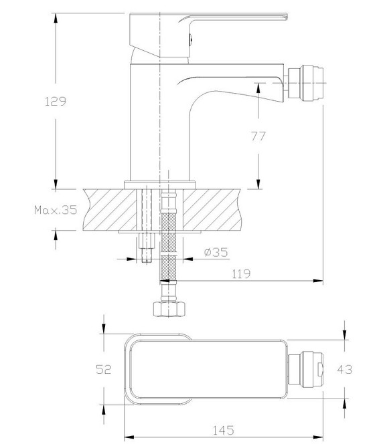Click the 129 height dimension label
(x=56, y=101)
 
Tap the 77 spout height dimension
(x=258, y=136)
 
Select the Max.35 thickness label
(x=56, y=210)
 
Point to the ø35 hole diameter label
(x=216, y=252)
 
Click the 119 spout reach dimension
(x=241, y=273)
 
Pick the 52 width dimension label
(x=103, y=369)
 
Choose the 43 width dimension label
(x=344, y=369)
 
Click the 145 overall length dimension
(x=223, y=431)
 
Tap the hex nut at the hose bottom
(x=169, y=309)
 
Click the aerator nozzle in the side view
(x=305, y=82)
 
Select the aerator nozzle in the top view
(x=305, y=370)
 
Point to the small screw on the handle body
(x=190, y=39)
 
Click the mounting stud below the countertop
(x=147, y=247)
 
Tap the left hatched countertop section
(x=110, y=209)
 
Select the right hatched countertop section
(x=212, y=209)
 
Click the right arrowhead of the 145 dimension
(x=318, y=437)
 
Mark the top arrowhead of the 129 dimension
(x=56, y=18)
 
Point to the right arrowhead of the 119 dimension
(x=318, y=281)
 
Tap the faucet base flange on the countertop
(x=159, y=185)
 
